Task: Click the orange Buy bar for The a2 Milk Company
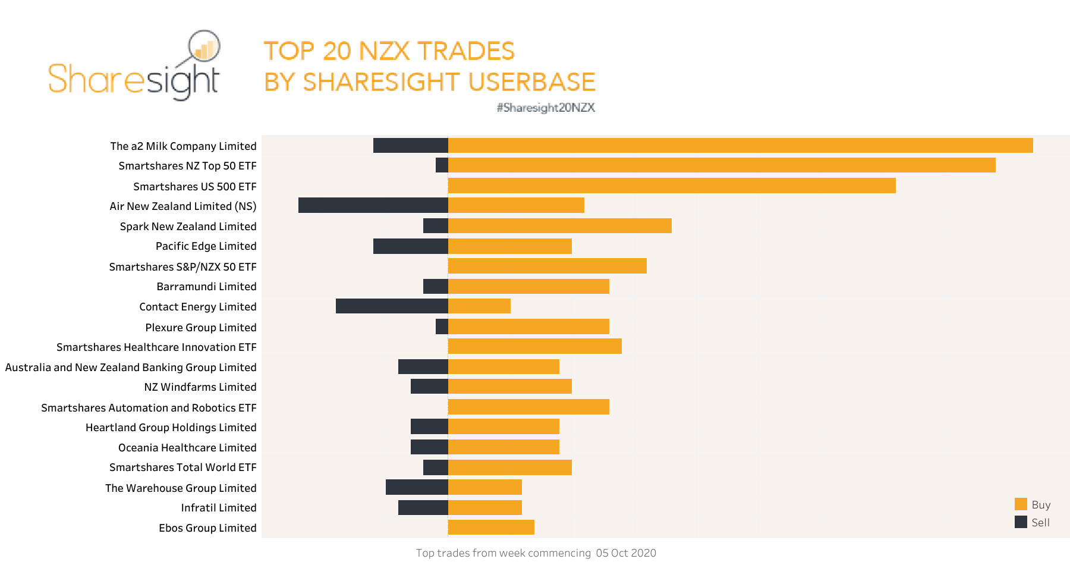(x=740, y=146)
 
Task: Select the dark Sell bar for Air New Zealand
(x=373, y=205)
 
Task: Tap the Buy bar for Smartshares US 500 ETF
(x=672, y=186)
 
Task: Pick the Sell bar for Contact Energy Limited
(x=392, y=306)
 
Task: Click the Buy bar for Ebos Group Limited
(x=491, y=527)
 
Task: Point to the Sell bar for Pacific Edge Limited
(x=410, y=246)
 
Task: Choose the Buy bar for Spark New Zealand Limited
(x=560, y=225)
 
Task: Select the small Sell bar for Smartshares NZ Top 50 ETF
(x=442, y=165)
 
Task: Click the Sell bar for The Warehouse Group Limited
(x=417, y=487)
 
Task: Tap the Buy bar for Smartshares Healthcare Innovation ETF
(x=535, y=346)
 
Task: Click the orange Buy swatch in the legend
(x=1021, y=504)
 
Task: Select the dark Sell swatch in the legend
(x=1021, y=522)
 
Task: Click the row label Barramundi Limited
(x=206, y=287)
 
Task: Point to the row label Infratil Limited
(x=219, y=508)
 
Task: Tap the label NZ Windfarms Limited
(x=200, y=387)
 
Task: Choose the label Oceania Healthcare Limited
(x=187, y=448)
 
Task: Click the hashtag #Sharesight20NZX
(x=546, y=108)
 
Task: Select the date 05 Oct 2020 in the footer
(x=626, y=553)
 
